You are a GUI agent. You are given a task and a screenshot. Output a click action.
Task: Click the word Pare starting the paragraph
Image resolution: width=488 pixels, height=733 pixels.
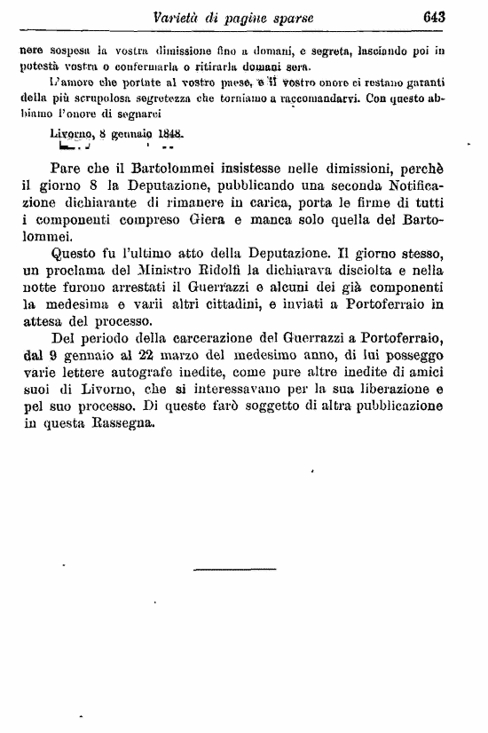click(69, 169)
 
